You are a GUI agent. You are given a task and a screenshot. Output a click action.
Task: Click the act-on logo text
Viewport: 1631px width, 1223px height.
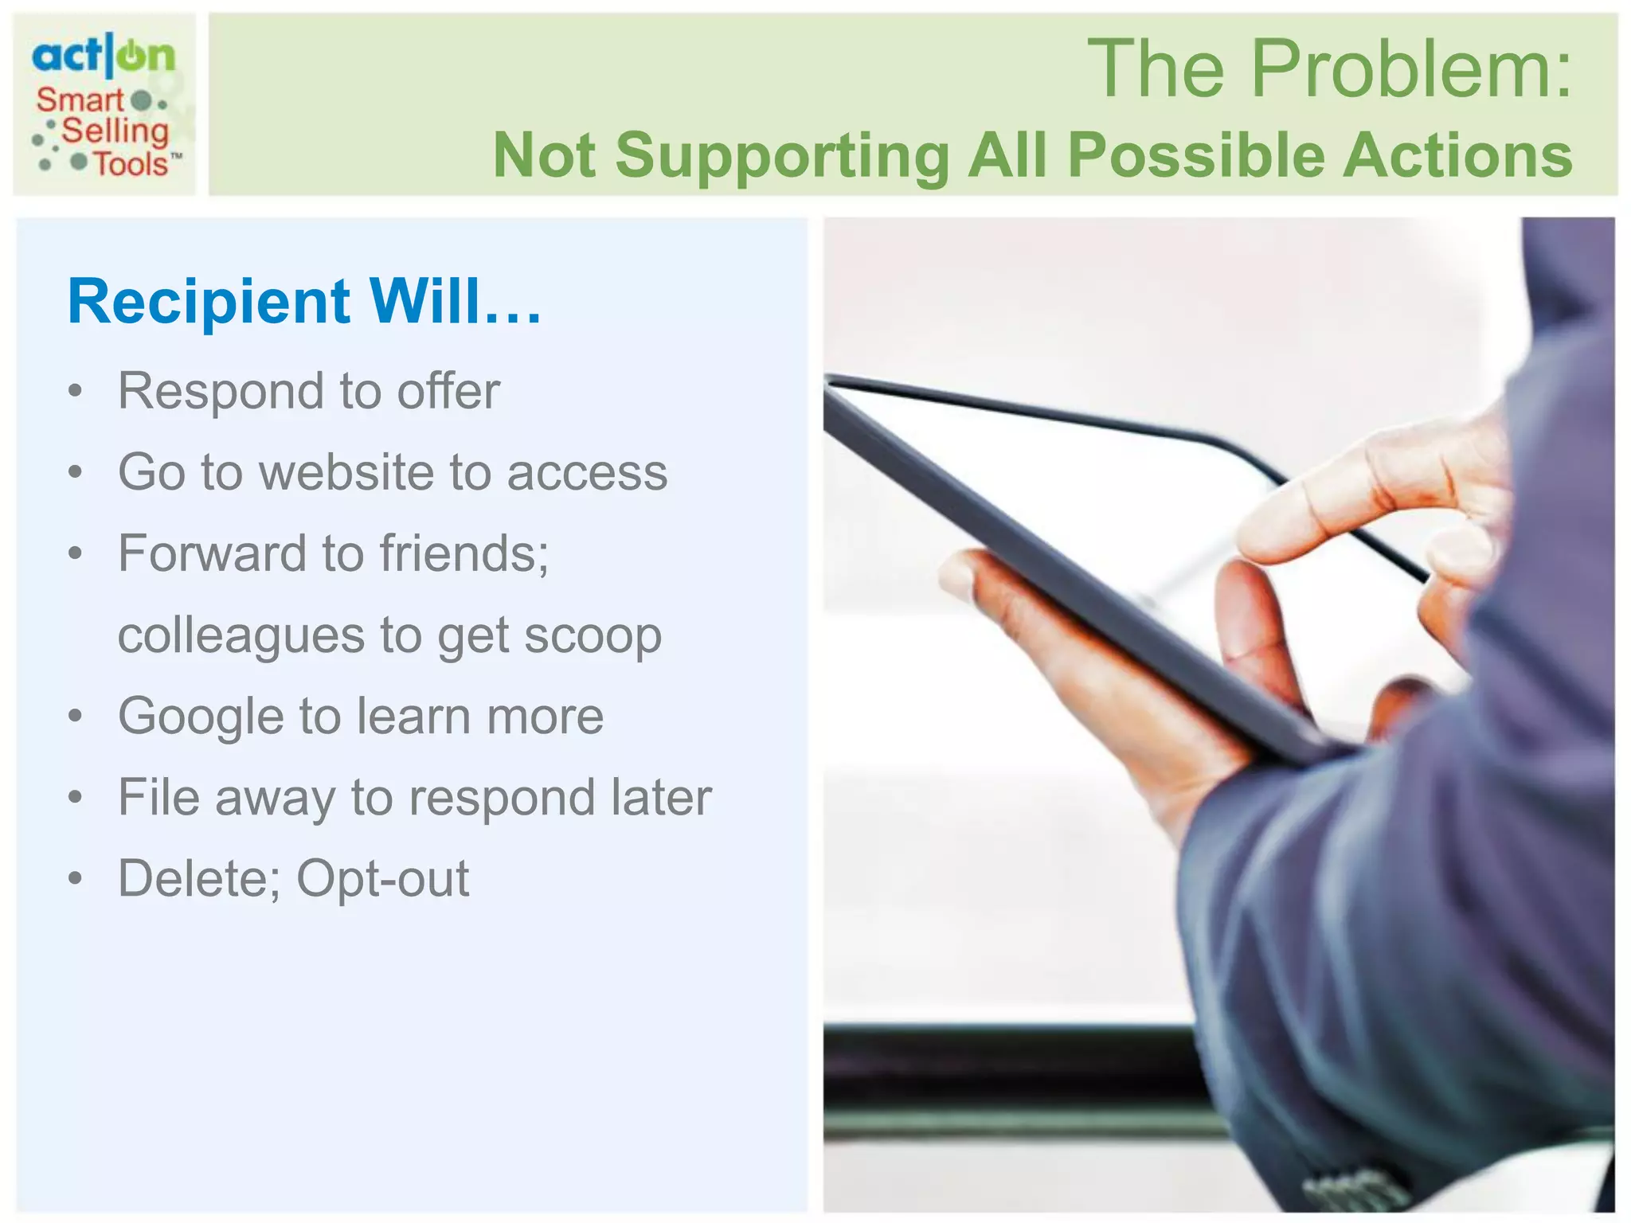click(x=103, y=56)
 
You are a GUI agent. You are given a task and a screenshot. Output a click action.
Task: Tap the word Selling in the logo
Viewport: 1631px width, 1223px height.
click(x=115, y=131)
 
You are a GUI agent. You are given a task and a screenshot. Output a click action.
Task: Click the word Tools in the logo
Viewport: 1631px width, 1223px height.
click(x=131, y=164)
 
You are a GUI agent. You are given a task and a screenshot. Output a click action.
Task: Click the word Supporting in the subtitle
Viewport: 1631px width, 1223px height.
click(x=782, y=155)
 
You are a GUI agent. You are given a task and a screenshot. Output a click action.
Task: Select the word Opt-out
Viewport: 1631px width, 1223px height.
click(x=383, y=879)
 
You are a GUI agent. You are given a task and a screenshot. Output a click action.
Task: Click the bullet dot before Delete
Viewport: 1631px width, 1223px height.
click(x=76, y=879)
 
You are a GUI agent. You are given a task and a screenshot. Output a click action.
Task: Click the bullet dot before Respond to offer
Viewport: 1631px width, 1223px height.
click(x=76, y=392)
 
